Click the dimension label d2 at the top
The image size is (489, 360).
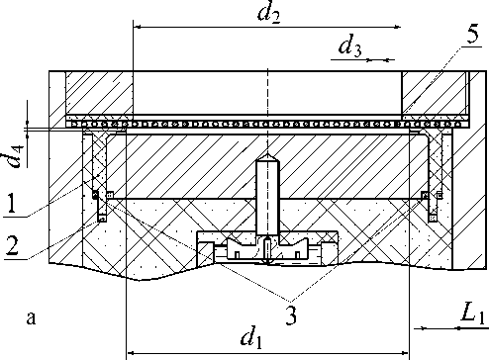[x=269, y=14]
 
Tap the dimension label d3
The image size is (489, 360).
[x=349, y=46]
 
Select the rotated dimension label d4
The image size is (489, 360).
[x=16, y=155]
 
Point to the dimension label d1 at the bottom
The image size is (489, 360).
[x=252, y=337]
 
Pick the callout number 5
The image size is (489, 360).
[x=473, y=34]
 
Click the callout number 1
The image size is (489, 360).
[x=12, y=204]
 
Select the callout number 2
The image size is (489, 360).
[x=12, y=246]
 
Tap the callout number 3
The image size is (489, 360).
[x=291, y=315]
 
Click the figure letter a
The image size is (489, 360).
[x=31, y=317]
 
